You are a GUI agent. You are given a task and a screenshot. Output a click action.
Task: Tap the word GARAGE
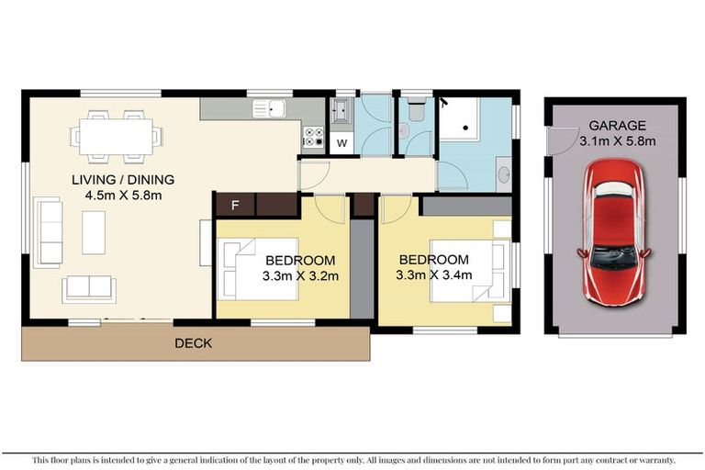coord(617,126)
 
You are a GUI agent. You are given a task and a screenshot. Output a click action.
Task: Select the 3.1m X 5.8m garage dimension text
coord(617,141)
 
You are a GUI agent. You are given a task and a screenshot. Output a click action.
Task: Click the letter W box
coord(341,143)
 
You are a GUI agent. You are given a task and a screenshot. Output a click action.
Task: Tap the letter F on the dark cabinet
coord(235,205)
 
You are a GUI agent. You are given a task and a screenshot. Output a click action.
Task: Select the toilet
coord(414,111)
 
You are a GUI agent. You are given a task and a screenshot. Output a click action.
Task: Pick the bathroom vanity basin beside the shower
coord(503,172)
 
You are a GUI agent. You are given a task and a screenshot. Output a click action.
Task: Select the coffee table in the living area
coord(94,232)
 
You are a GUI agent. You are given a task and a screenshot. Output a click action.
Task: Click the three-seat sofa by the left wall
coord(47,231)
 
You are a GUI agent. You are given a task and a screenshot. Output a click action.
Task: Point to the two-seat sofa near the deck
coord(89,288)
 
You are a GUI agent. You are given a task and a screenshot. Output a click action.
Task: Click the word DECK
coord(193,343)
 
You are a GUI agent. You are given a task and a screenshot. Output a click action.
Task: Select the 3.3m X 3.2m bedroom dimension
coord(300,275)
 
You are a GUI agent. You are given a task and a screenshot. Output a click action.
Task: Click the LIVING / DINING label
coord(123,179)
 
